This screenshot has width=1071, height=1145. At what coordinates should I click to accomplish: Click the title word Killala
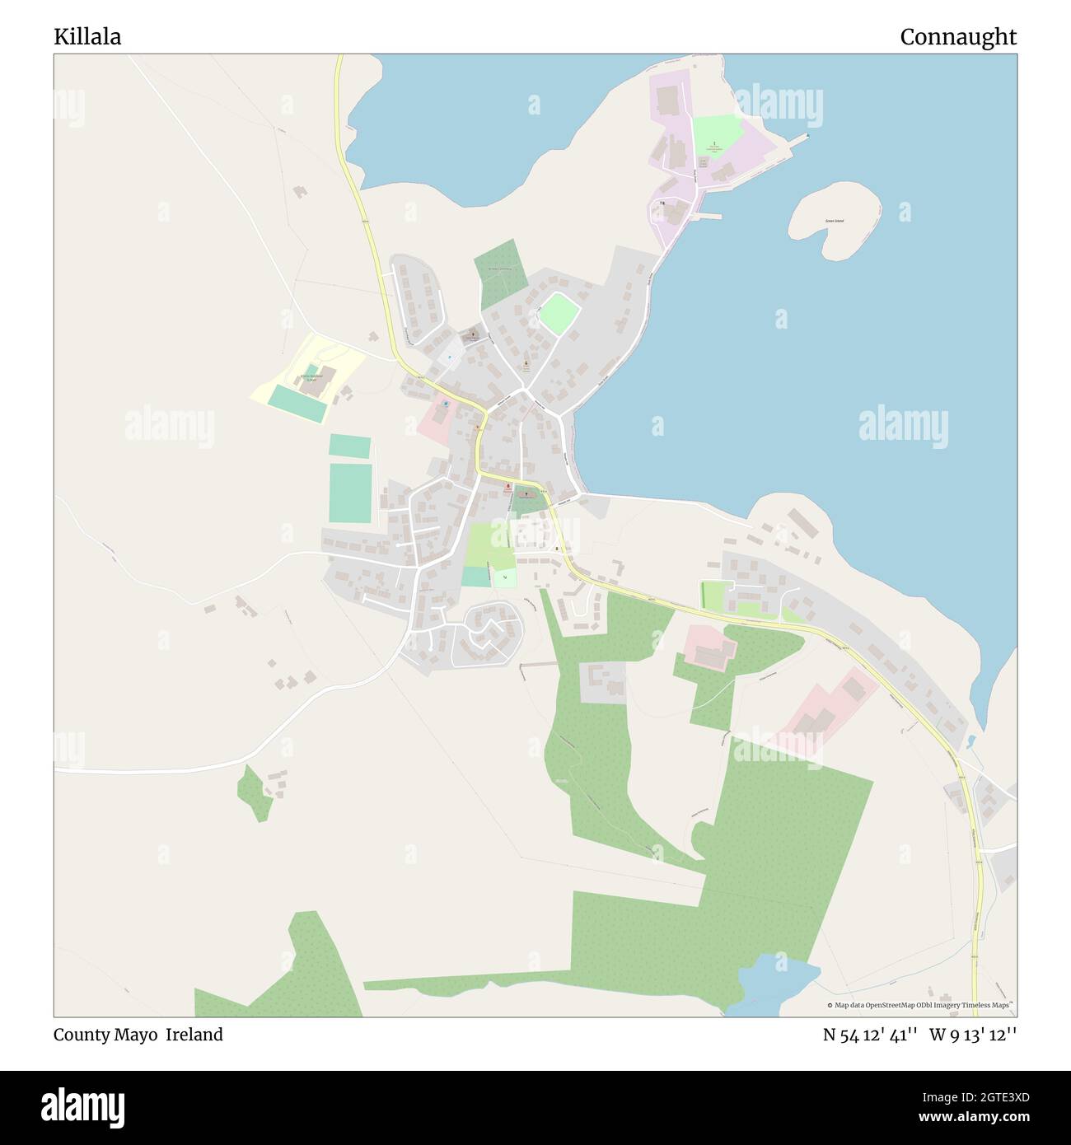87,37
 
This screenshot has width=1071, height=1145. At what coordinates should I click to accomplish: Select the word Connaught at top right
957,37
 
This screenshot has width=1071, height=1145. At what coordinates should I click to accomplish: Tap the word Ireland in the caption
194,1035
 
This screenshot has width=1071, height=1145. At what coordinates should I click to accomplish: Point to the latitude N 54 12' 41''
871,1035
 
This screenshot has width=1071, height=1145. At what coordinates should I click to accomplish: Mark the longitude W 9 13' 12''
973,1035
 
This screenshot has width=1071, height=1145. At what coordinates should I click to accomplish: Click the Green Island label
834,221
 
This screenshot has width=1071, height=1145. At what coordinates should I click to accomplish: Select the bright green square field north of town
559,312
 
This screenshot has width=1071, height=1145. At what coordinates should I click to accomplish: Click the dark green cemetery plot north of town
500,273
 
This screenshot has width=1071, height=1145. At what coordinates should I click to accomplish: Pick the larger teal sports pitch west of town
350,493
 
